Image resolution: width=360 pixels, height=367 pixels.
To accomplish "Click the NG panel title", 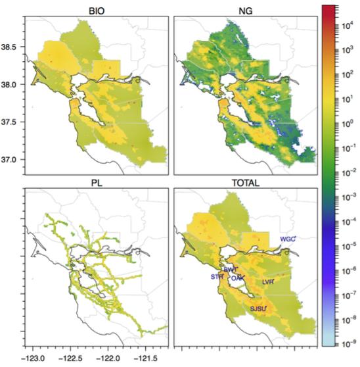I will pyautogui.click(x=241, y=9).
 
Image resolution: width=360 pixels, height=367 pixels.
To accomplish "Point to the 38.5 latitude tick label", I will pyautogui.click(x=12, y=47).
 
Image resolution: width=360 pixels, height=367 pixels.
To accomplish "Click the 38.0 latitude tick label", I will pyautogui.click(x=12, y=85).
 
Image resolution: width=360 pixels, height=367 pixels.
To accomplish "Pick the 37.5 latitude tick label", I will pyautogui.click(x=12, y=122).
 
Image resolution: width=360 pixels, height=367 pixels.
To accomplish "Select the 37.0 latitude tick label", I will pyautogui.click(x=12, y=160).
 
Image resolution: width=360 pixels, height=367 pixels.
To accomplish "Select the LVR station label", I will pyautogui.click(x=267, y=281).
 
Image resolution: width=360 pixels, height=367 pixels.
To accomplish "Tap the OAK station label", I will pyautogui.click(x=237, y=278).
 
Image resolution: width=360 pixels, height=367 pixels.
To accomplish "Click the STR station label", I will pyautogui.click(x=217, y=277).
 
